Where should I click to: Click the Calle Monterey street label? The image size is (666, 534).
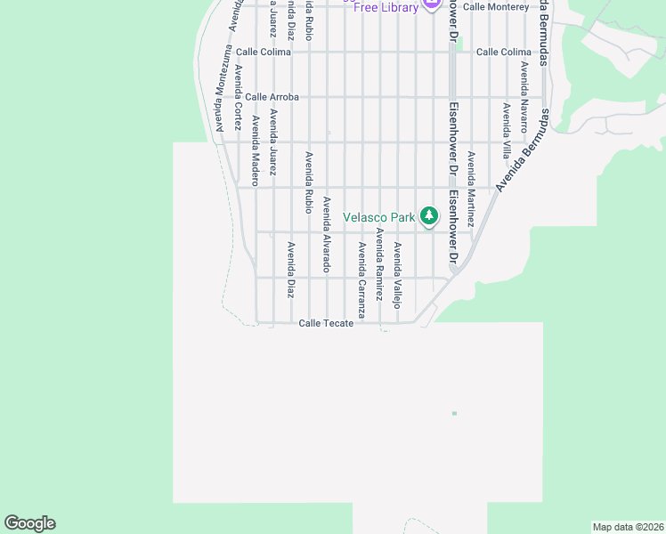click(x=496, y=6)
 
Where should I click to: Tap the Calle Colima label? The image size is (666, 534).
click(x=503, y=52)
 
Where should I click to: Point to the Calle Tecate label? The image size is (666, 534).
click(x=326, y=323)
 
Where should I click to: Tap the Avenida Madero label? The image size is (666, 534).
click(x=255, y=144)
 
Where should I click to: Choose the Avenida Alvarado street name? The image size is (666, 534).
click(x=327, y=234)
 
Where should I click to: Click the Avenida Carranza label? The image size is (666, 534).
click(x=361, y=279)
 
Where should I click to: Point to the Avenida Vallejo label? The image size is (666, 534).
click(x=397, y=275)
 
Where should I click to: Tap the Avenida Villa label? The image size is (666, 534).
click(x=506, y=131)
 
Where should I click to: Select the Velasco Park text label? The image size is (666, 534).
click(x=379, y=216)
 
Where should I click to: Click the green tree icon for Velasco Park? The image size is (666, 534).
click(x=430, y=215)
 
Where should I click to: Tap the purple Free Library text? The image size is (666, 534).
click(x=386, y=8)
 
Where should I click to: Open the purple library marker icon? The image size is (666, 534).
click(x=432, y=4)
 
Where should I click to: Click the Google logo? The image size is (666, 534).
click(x=29, y=523)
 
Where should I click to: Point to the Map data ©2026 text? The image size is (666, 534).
click(x=627, y=527)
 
